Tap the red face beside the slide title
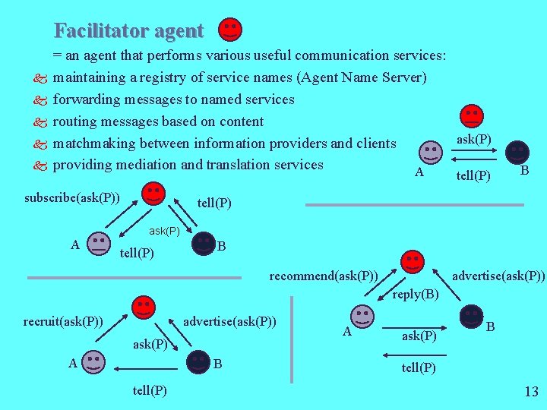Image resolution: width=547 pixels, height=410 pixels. (230, 30)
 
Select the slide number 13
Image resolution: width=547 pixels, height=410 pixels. (531, 392)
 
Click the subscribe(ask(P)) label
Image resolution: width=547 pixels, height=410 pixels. (71, 198)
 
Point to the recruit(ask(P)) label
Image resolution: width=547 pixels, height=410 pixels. (63, 320)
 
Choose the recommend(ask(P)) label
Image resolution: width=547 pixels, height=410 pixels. (324, 275)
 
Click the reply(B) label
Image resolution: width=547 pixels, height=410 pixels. (416, 294)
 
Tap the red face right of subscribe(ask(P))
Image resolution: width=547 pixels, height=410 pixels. (153, 193)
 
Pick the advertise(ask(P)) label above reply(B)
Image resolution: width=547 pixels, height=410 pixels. (498, 275)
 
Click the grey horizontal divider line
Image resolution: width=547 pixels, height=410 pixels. (414, 205)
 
